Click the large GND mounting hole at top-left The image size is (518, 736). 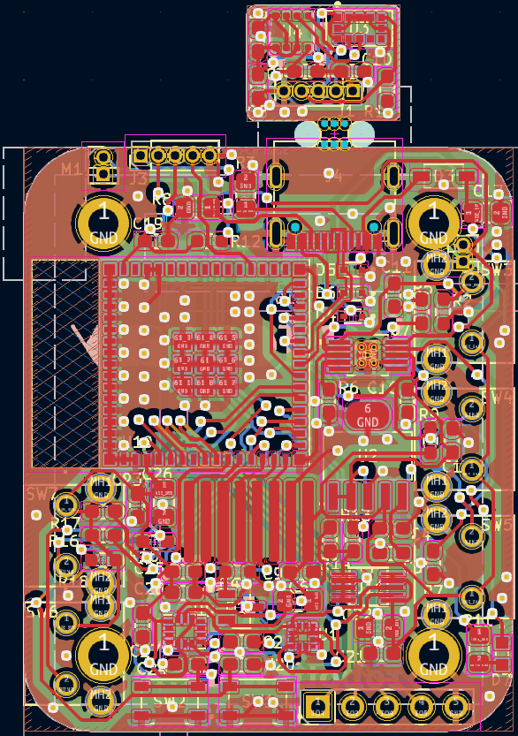pos(103,222)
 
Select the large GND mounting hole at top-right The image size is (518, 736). pos(433,222)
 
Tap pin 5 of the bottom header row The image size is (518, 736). pos(455,705)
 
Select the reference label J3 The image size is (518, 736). pos(136,177)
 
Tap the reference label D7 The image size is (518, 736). pos(500,680)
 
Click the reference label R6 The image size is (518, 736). pos(348,389)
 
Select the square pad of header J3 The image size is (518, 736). pos(140,157)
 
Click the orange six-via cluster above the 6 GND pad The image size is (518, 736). pos(366,354)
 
